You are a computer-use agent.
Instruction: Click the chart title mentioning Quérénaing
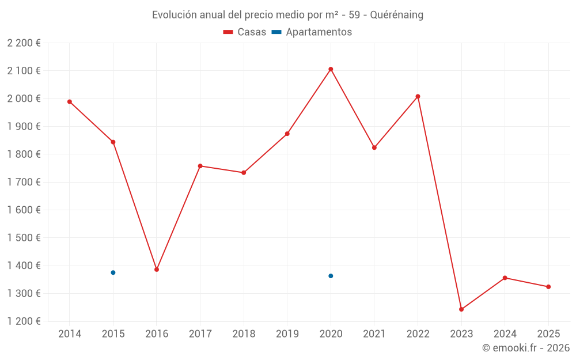click(x=287, y=15)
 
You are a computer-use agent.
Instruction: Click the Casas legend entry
click(x=245, y=32)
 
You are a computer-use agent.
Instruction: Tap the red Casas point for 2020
click(x=331, y=69)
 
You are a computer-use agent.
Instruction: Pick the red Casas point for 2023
click(x=461, y=309)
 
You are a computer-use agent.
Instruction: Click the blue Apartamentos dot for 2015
click(x=113, y=272)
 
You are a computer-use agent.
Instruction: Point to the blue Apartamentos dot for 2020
click(x=331, y=276)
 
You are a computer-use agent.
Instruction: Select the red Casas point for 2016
click(x=157, y=270)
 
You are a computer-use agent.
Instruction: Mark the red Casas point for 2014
click(x=70, y=102)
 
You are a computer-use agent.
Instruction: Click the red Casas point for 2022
click(x=418, y=96)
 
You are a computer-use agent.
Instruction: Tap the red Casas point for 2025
click(x=548, y=287)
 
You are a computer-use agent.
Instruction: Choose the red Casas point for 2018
click(x=244, y=173)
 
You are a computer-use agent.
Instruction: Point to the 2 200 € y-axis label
click(x=24, y=43)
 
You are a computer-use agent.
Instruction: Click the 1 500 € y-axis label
click(x=24, y=238)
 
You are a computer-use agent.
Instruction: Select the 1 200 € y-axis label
click(x=24, y=321)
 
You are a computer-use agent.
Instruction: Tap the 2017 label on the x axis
click(x=200, y=334)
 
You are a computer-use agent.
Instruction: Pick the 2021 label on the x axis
click(x=374, y=334)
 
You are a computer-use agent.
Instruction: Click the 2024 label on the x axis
click(x=505, y=334)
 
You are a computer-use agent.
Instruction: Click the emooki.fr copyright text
click(x=525, y=348)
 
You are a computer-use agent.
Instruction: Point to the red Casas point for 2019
click(x=287, y=134)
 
